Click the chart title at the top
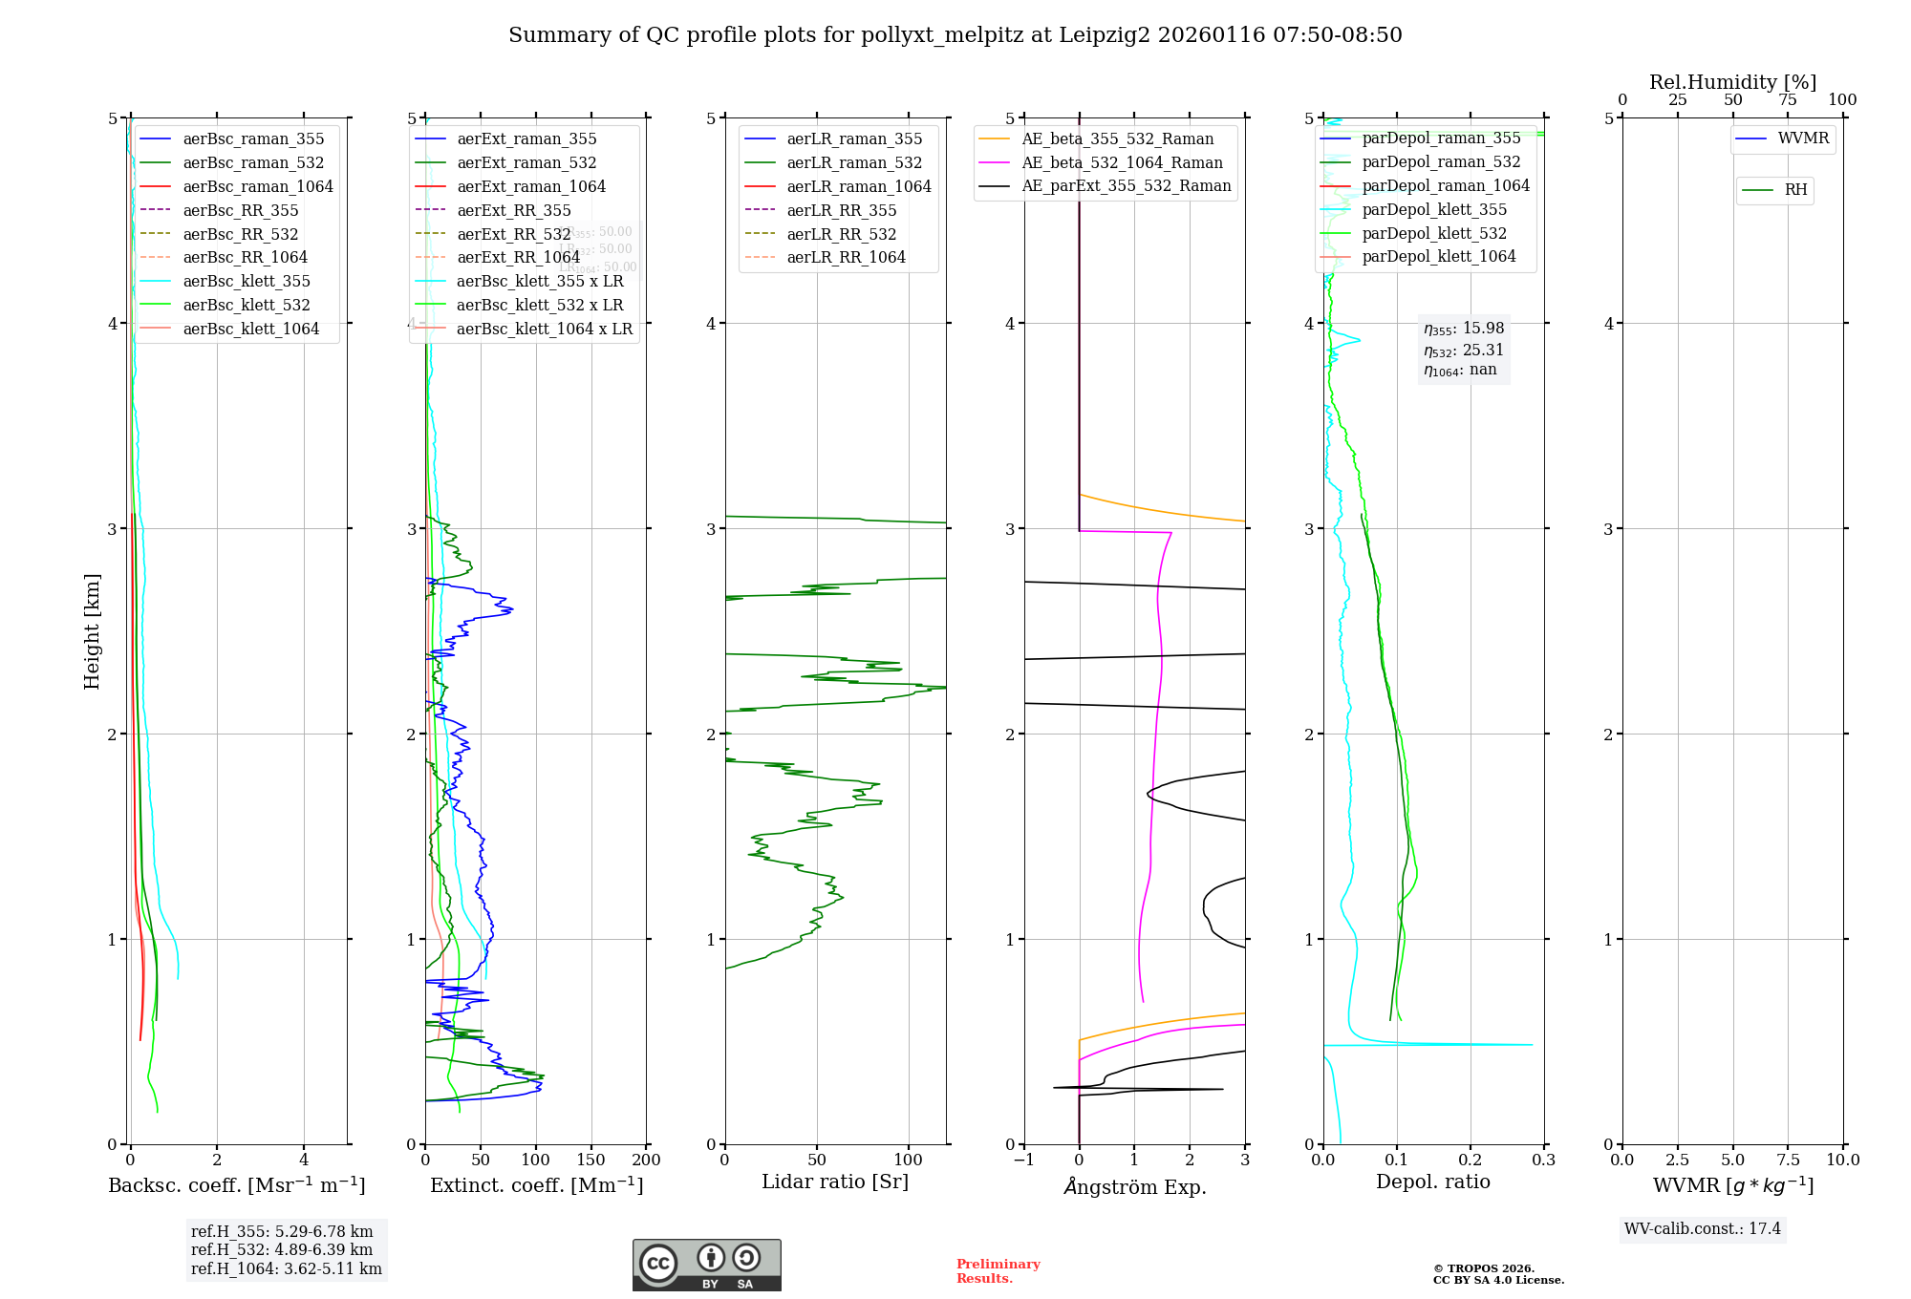point(955,35)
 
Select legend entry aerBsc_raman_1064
point(258,186)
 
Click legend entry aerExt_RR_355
point(513,210)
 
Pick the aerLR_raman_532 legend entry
point(854,162)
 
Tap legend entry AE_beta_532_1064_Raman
point(1122,162)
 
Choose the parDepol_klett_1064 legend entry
point(1438,256)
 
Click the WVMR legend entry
point(1803,138)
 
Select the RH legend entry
point(1795,190)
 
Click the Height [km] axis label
point(92,630)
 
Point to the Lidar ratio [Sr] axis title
point(834,1182)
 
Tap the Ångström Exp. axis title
point(1134,1186)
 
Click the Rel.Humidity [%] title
point(1732,82)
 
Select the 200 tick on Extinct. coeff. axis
point(647,1160)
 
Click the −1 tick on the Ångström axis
point(1023,1160)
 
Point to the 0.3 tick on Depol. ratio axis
point(1544,1160)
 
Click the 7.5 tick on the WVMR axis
point(1788,1160)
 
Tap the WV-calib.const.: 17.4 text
point(1703,1228)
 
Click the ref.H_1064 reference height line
point(286,1268)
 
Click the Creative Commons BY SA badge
point(706,1265)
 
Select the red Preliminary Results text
point(998,1270)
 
